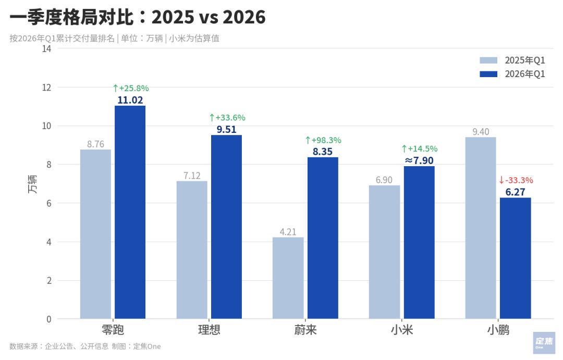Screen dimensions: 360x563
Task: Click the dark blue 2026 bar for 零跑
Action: [x=130, y=212]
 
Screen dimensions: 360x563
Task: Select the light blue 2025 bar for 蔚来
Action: [x=288, y=278]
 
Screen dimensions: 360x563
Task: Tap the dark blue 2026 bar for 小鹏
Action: [x=515, y=258]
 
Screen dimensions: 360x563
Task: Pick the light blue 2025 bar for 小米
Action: [x=384, y=252]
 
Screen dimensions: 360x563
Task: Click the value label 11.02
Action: [x=130, y=100]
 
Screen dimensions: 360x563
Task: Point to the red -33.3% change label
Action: [x=516, y=180]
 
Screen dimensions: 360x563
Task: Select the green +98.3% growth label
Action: [x=323, y=140]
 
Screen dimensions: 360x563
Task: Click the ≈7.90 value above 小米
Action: [x=419, y=160]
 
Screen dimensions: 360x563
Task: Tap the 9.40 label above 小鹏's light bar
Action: [x=481, y=132]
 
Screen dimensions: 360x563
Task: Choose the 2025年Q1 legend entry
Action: [x=512, y=60]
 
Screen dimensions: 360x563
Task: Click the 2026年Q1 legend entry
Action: [x=512, y=74]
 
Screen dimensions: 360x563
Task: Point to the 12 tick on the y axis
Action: [x=46, y=87]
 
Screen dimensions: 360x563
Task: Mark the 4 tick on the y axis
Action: [x=48, y=242]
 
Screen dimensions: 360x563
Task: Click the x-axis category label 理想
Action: [x=209, y=330]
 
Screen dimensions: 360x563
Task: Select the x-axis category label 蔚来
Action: [x=305, y=330]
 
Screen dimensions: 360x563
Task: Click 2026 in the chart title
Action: [x=244, y=17]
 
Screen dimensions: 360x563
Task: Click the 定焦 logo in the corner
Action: [x=544, y=343]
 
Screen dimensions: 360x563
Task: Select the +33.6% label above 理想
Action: [x=227, y=118]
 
